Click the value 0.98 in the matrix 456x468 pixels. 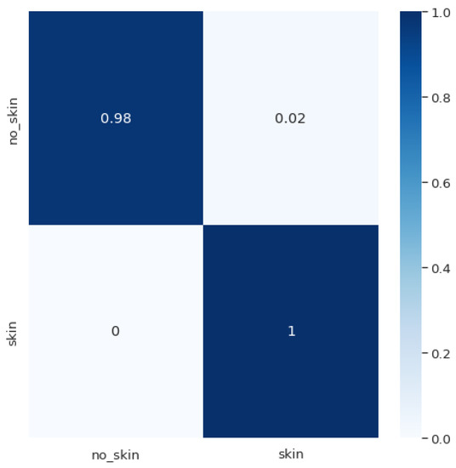coord(116,118)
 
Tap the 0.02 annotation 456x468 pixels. coord(291,118)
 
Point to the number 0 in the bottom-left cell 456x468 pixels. coord(116,331)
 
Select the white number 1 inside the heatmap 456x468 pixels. coord(291,331)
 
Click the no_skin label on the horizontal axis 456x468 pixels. coord(116,454)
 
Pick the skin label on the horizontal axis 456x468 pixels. coord(291,454)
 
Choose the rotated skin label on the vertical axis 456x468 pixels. coord(13,331)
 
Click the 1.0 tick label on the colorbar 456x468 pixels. coord(441,14)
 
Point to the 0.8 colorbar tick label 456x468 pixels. coord(441,99)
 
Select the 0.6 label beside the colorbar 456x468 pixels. coord(441,184)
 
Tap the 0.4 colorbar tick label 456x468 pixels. coord(441,269)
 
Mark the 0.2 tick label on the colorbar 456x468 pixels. coord(441,354)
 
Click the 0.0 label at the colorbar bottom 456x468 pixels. coord(441,438)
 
